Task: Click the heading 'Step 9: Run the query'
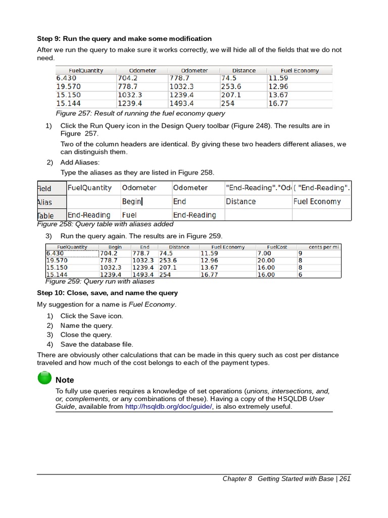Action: coord(124,39)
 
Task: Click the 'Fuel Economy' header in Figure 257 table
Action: coord(300,71)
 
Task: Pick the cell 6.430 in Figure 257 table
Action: coord(66,78)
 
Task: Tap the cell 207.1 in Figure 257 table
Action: coord(231,95)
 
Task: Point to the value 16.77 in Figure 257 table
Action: coord(278,103)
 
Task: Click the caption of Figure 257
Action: coord(140,113)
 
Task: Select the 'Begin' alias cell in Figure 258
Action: coord(132,201)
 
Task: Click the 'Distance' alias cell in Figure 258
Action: coord(240,201)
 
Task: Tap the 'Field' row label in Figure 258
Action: coord(44,188)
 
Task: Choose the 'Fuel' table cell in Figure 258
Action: coord(129,215)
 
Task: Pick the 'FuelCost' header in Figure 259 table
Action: coord(277,247)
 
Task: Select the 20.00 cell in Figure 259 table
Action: coord(266,261)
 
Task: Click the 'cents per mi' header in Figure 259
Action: coord(324,247)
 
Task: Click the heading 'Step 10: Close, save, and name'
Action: coord(107,293)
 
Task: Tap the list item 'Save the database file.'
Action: coord(96,344)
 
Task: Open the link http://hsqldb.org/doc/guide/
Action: coord(169,406)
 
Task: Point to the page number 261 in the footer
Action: coord(345,479)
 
